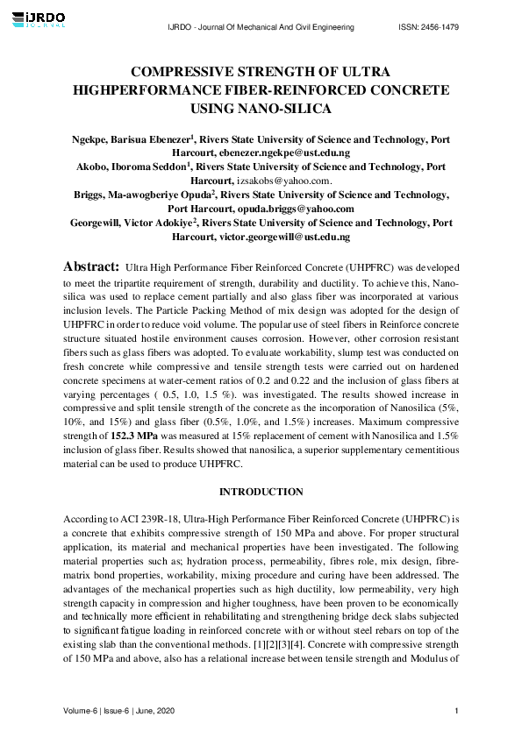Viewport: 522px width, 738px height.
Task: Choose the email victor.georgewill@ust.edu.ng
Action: pos(281,237)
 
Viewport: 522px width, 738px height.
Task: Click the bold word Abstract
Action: pos(90,265)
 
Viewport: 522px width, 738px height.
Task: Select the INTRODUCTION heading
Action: pos(261,492)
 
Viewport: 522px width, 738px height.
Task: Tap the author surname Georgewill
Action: pos(103,223)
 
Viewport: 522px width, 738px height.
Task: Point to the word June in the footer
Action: pos(156,709)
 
